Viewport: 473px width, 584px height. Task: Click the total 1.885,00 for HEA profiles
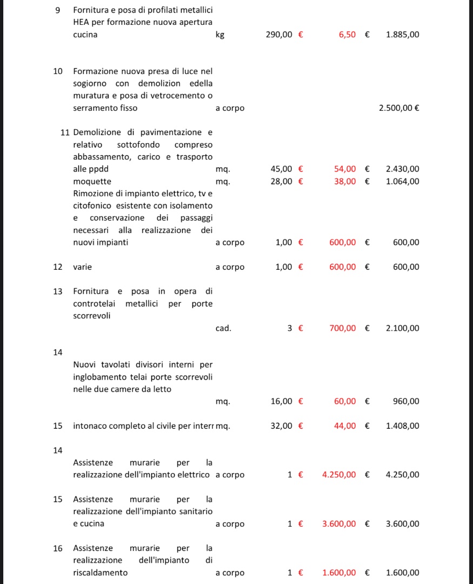(402, 35)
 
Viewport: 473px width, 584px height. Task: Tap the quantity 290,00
(279, 35)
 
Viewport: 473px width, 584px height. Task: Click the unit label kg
(219, 35)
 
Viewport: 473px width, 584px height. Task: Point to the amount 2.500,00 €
(399, 108)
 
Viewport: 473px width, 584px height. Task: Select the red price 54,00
(345, 169)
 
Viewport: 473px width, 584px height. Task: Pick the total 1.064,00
(402, 181)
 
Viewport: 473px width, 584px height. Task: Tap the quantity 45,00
(281, 169)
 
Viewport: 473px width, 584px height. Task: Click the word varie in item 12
(83, 267)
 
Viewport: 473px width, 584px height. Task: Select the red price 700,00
(343, 328)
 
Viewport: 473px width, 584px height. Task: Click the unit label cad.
(223, 328)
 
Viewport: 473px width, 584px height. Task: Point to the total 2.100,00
(402, 328)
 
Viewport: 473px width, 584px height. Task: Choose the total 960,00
(406, 401)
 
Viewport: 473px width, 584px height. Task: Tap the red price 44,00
(345, 426)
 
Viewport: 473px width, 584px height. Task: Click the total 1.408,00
(402, 426)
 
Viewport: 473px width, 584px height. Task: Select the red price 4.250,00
(339, 475)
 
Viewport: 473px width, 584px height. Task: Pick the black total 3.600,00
(402, 524)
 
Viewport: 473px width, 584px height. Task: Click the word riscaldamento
(101, 573)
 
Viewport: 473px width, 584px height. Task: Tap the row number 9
(58, 10)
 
